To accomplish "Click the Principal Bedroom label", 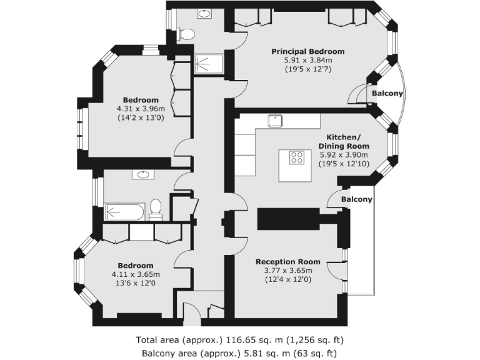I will coord(307,51).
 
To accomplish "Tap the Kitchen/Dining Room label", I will coord(343,141).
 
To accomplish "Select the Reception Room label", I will coord(288,262).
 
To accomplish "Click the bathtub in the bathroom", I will coord(126,211).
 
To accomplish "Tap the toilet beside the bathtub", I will coord(156,209).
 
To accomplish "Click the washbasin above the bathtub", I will coord(141,174).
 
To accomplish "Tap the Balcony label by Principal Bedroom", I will coord(387,94).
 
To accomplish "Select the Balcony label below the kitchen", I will coord(356,200).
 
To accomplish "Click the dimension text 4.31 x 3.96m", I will coord(140,109).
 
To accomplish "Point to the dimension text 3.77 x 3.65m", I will coord(288,271).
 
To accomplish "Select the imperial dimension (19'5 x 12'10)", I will coord(343,163).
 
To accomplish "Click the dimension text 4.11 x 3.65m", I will coord(136,274).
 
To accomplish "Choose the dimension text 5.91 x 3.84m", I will coord(307,60).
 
